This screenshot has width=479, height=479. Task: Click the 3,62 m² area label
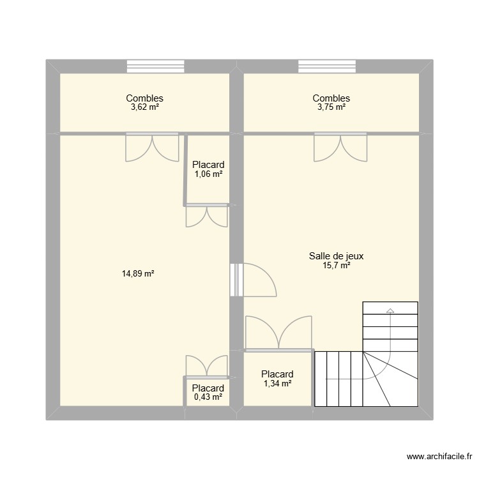click(144, 108)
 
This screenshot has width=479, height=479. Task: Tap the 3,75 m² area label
click(331, 108)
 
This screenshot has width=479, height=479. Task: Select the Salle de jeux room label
click(336, 256)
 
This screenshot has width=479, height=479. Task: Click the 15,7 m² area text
click(336, 266)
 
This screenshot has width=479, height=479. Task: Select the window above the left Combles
click(155, 66)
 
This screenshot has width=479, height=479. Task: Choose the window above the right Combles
click(326, 66)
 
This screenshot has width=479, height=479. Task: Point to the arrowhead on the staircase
click(390, 311)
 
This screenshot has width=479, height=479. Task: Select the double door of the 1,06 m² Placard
click(206, 216)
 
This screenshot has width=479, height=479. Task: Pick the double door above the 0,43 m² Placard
click(206, 366)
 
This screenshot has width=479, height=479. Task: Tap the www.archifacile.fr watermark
click(439, 457)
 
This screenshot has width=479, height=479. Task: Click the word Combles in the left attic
click(144, 98)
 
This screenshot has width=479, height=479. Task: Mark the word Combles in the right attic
click(331, 98)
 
